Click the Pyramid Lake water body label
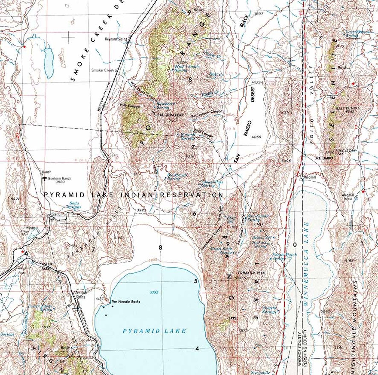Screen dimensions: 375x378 [154, 331]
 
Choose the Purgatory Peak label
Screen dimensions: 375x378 [346, 152]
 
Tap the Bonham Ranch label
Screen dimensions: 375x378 [60, 178]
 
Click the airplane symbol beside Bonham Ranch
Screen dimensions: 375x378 [44, 179]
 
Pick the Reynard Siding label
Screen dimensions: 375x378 [116, 39]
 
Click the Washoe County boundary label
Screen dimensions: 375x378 [299, 348]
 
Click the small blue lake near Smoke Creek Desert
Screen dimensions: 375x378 [49, 62]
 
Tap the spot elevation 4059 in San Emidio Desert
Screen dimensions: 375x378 [256, 137]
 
